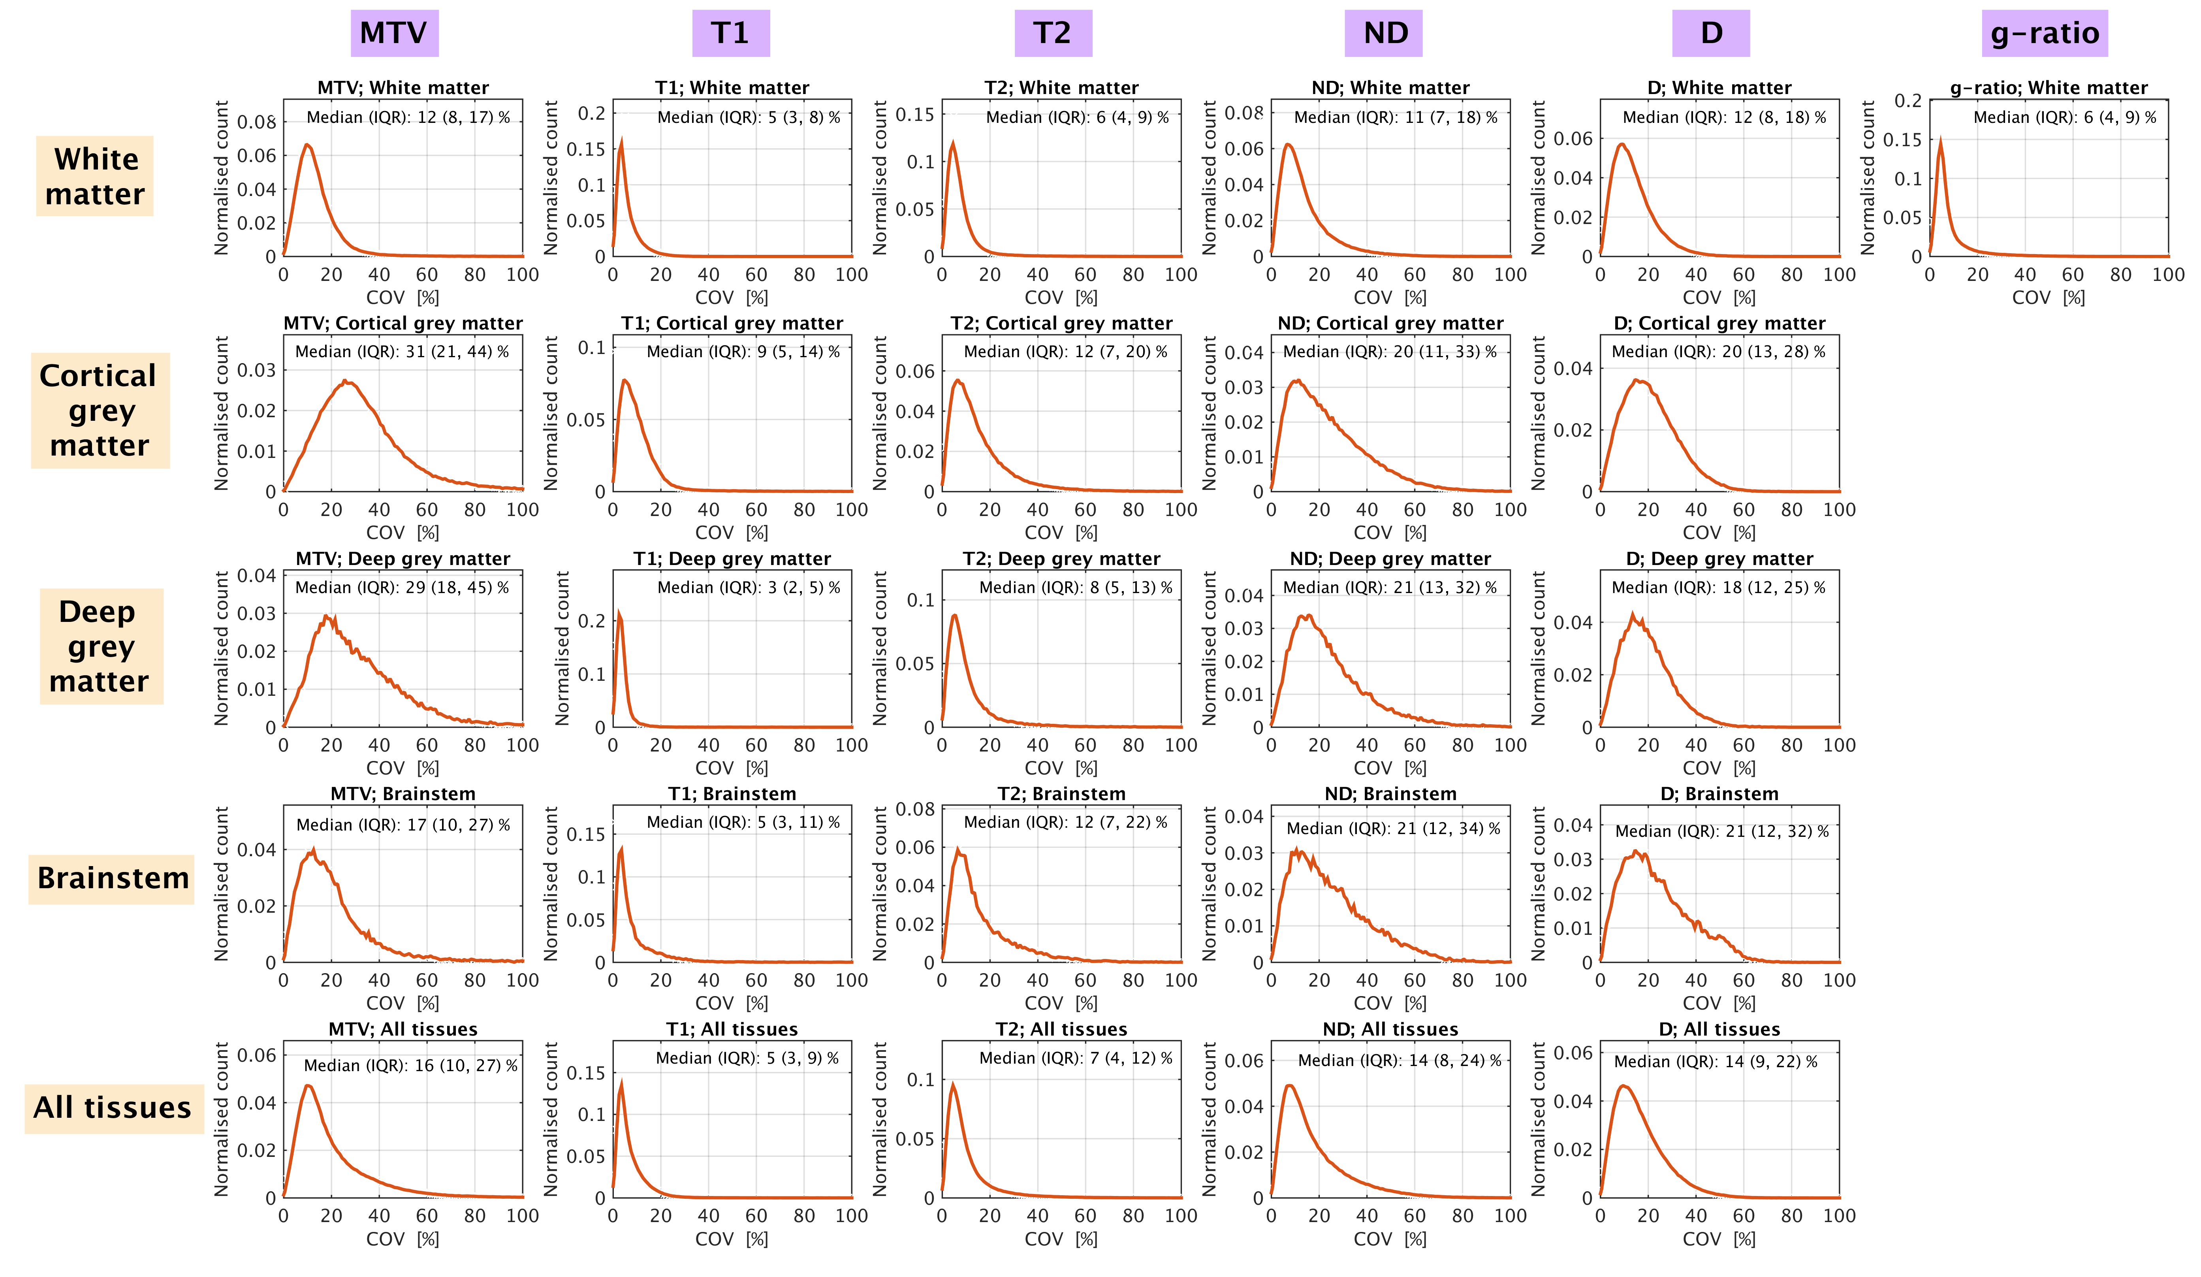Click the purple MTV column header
(x=394, y=33)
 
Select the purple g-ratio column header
(x=2044, y=33)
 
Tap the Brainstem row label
(x=112, y=878)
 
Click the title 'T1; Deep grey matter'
(x=732, y=559)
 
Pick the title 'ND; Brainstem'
(x=1390, y=794)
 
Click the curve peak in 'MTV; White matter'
(x=307, y=145)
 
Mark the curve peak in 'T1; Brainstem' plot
(x=621, y=848)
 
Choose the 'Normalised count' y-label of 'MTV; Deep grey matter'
(x=222, y=648)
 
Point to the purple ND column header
(x=1385, y=33)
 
